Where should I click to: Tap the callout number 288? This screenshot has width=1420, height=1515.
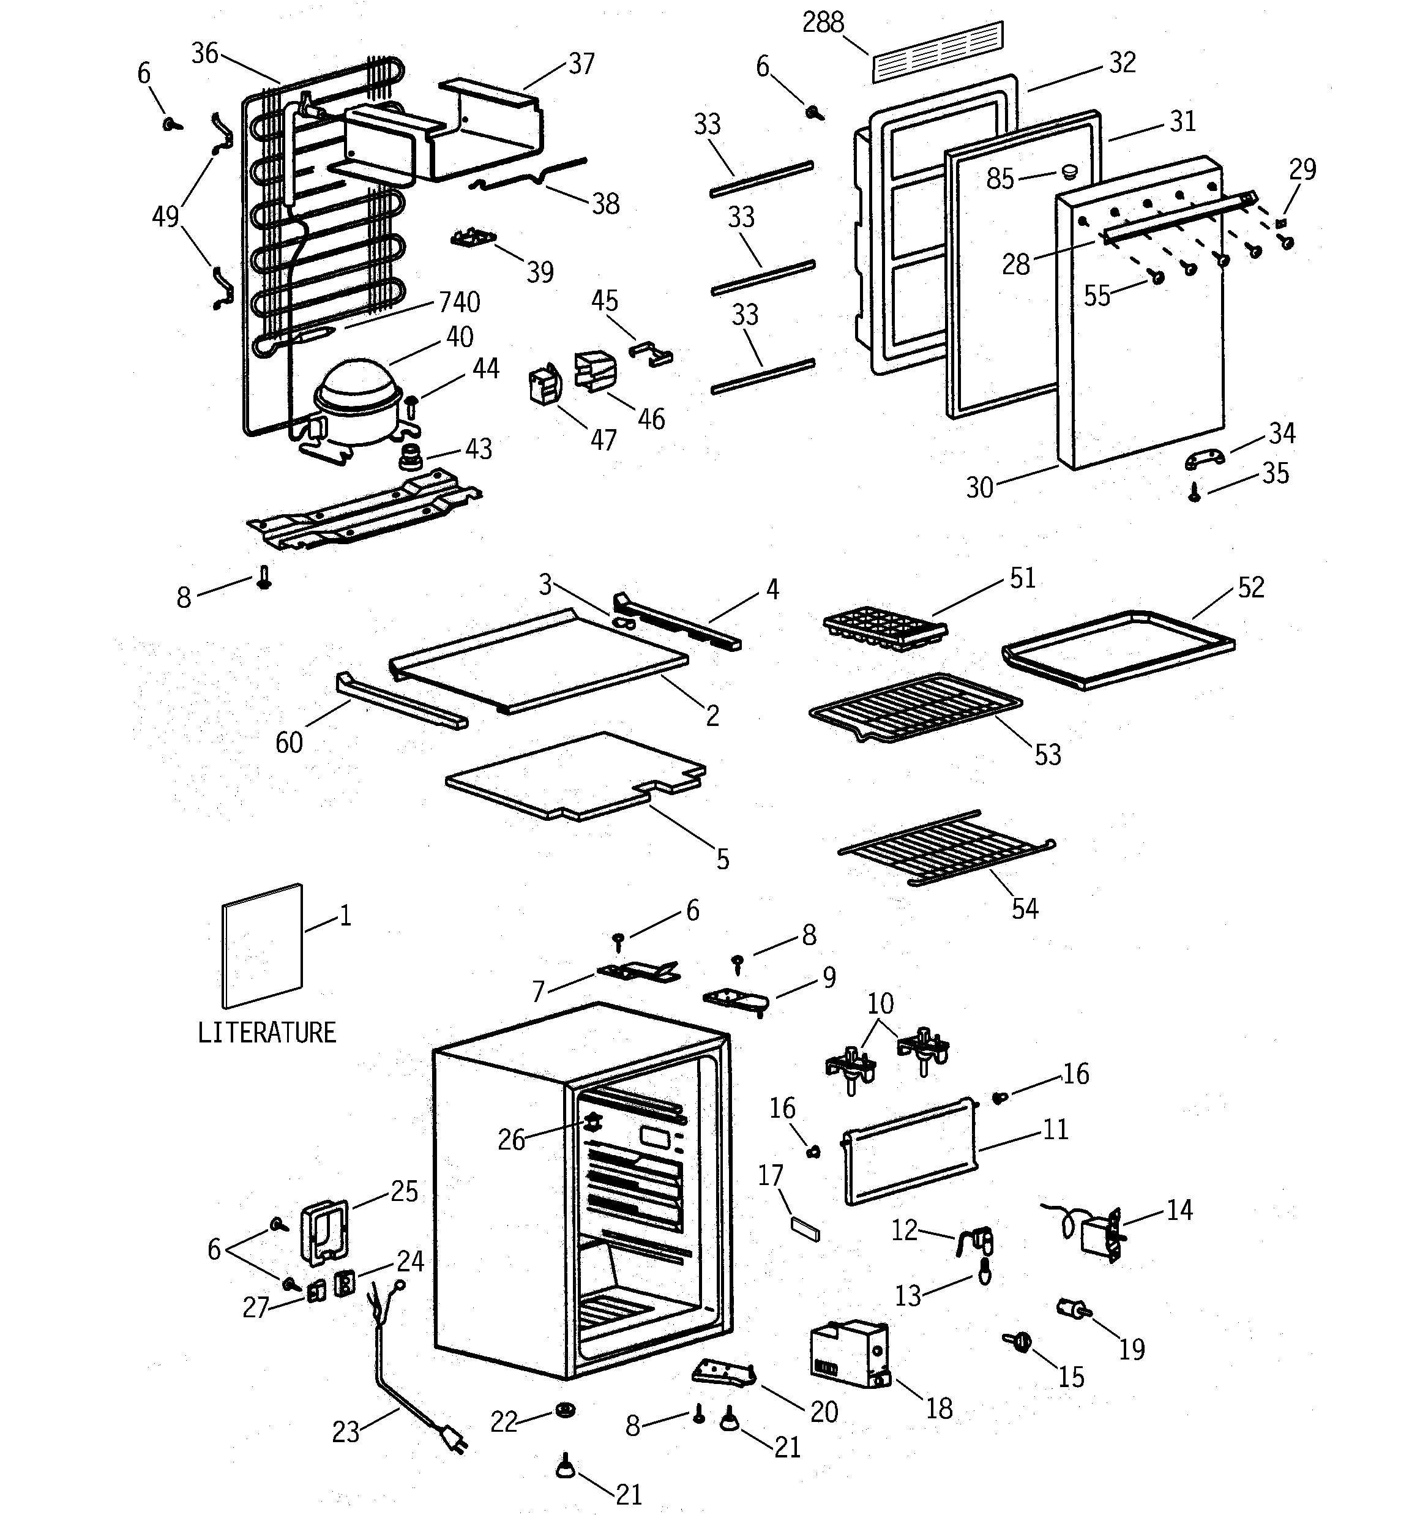point(823,23)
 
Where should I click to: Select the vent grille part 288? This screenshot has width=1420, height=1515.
point(938,52)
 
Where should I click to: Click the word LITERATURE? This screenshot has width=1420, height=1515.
point(267,1033)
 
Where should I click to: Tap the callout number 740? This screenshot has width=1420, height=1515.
point(459,302)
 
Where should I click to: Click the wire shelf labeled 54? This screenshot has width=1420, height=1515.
point(945,847)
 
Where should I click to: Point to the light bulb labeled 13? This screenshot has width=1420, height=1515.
point(984,1272)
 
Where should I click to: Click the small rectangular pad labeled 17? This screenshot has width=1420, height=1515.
point(805,1229)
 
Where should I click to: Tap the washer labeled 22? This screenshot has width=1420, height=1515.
point(565,1410)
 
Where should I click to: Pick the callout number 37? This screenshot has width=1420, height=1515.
point(581,64)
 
